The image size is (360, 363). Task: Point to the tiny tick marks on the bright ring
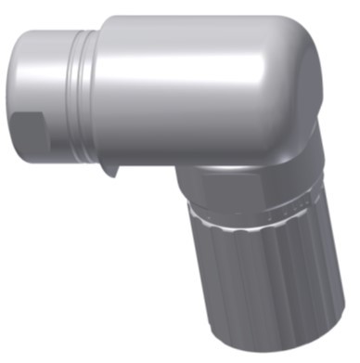(x=278, y=212)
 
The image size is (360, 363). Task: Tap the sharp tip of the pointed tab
(x=109, y=176)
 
